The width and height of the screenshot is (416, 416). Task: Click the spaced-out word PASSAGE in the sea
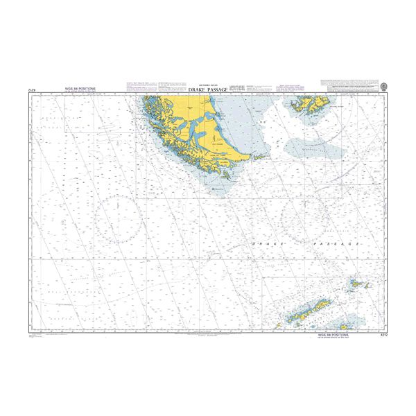[x=337, y=245]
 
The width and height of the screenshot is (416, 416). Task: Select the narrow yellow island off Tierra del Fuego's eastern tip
[x=261, y=157]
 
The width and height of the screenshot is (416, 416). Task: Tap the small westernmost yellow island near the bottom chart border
[x=281, y=324]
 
